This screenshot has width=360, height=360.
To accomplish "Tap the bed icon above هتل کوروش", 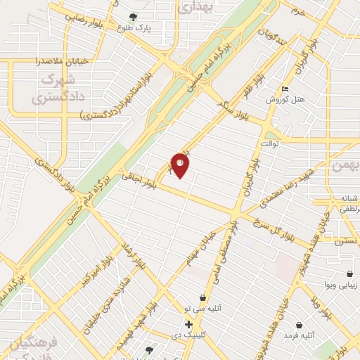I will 285,89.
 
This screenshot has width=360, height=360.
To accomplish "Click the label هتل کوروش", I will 284,100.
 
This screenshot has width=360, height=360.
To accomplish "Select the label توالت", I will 270,143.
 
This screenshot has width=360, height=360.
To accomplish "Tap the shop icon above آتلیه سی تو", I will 202,297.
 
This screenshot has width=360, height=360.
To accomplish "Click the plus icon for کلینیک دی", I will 188,325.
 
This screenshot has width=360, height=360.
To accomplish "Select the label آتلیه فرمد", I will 299,337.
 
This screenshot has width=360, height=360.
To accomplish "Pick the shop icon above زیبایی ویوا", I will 349,274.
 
